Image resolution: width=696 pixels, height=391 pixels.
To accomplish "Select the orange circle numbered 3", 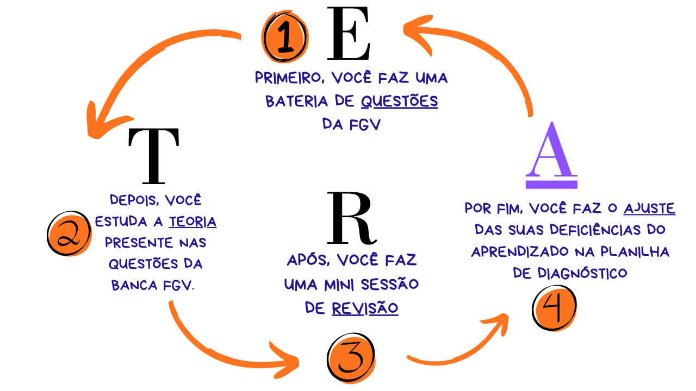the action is click(351, 359).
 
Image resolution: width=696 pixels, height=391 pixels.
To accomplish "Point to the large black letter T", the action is click(153, 156).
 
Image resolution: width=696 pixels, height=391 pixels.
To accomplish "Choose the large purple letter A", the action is click(551, 154).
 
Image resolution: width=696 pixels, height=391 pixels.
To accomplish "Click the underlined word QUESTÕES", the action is click(399, 102).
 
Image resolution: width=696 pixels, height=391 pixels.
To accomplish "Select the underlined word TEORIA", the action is click(192, 222).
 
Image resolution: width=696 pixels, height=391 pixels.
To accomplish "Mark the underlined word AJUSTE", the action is click(649, 208).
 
